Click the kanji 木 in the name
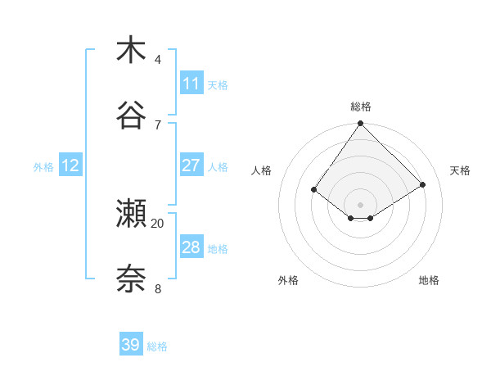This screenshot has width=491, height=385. click(x=131, y=51)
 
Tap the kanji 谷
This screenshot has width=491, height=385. click(x=131, y=115)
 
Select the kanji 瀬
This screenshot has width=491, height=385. click(x=131, y=213)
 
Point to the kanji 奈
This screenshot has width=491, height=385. click(x=131, y=279)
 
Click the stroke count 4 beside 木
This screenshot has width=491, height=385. click(x=158, y=60)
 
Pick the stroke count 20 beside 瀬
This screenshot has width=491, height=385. click(x=158, y=223)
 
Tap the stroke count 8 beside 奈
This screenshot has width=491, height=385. click(x=158, y=288)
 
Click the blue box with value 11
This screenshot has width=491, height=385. click(x=191, y=84)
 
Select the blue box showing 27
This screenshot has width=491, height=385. click(x=191, y=165)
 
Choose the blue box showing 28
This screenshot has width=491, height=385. click(x=191, y=247)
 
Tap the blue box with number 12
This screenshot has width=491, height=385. click(x=70, y=165)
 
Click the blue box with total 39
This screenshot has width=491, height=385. click(x=131, y=345)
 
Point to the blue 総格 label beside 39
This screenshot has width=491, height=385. click(x=157, y=346)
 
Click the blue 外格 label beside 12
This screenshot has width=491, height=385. click(x=43, y=167)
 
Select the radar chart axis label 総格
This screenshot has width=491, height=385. click(x=361, y=106)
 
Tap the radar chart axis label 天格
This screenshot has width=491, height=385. click(x=460, y=170)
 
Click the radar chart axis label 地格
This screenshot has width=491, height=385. click(x=429, y=281)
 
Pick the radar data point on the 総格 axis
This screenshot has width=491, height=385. click(x=360, y=125)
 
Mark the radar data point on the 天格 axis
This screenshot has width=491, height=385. click(x=423, y=184)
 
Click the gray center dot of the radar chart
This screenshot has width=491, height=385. click(x=360, y=204)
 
